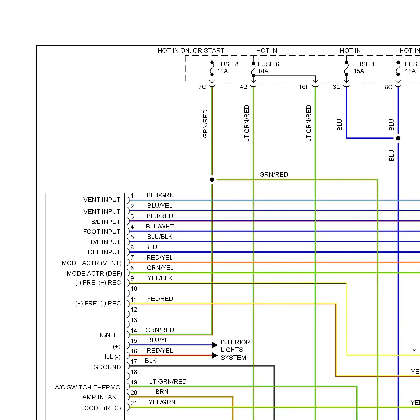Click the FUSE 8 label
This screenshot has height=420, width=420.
pyautogui.click(x=227, y=64)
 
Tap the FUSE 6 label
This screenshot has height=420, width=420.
pyautogui.click(x=268, y=64)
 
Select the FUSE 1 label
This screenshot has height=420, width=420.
pyautogui.click(x=364, y=64)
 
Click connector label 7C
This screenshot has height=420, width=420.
pyautogui.click(x=202, y=87)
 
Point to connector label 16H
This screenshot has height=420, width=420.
pyautogui.click(x=304, y=87)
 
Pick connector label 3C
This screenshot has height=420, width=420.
pyautogui.click(x=337, y=87)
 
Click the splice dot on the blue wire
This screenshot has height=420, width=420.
pyautogui.click(x=398, y=138)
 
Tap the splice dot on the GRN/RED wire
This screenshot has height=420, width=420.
pyautogui.click(x=212, y=179)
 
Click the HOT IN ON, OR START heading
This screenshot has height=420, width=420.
pyautogui.click(x=191, y=51)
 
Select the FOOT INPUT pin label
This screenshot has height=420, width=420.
pyautogui.click(x=102, y=232)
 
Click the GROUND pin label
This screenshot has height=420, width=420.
pyautogui.click(x=107, y=367)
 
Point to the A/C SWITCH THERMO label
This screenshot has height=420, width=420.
pyautogui.click(x=87, y=387)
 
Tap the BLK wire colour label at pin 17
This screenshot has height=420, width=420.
pyautogui.click(x=151, y=361)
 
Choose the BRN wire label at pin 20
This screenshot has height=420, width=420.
pyautogui.click(x=162, y=392)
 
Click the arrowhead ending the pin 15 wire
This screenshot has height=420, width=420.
pyautogui.click(x=215, y=345)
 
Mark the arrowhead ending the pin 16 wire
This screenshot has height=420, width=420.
pyautogui.click(x=215, y=355)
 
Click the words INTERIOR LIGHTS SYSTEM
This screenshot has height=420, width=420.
pyautogui.click(x=235, y=350)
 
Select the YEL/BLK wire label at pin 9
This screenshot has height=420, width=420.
pyautogui.click(x=160, y=278)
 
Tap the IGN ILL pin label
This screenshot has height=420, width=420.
pyautogui.click(x=110, y=335)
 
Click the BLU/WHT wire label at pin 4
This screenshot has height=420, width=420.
pyautogui.click(x=160, y=227)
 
